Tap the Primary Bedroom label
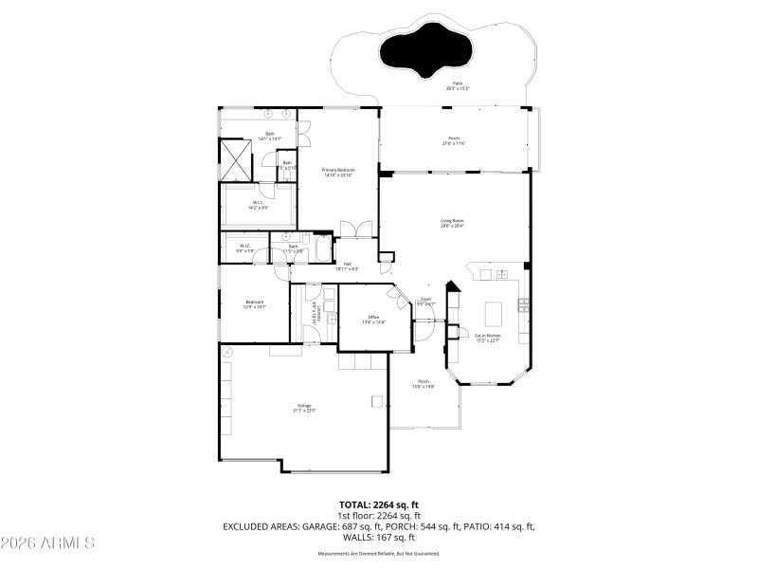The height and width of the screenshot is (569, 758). coord(337,172)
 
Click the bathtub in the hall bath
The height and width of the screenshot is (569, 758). coord(322,250)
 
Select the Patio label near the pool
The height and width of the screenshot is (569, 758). coord(458,85)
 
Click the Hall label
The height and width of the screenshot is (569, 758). coord(348,266)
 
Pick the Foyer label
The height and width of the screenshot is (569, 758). coord(426,301)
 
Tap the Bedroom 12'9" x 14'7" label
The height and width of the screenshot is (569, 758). coord(254,304)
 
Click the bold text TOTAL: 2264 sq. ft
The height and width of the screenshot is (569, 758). coord(379,505)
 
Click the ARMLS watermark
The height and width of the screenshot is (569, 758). coord(47,543)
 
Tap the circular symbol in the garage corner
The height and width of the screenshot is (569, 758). coord(226,351)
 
